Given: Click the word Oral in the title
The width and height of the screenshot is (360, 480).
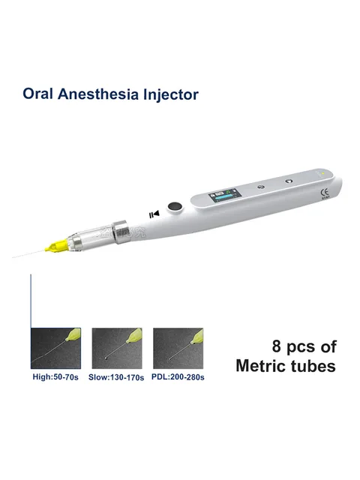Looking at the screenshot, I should (38, 95).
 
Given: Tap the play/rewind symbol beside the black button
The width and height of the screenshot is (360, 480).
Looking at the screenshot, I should (155, 214).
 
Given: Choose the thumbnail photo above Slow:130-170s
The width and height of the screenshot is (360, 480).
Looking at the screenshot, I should (117, 347).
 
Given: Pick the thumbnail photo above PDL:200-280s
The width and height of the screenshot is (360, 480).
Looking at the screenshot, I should (178, 347).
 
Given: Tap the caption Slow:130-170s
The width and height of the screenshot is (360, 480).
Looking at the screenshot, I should (117, 376).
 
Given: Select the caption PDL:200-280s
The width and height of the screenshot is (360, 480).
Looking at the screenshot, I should (178, 376).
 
